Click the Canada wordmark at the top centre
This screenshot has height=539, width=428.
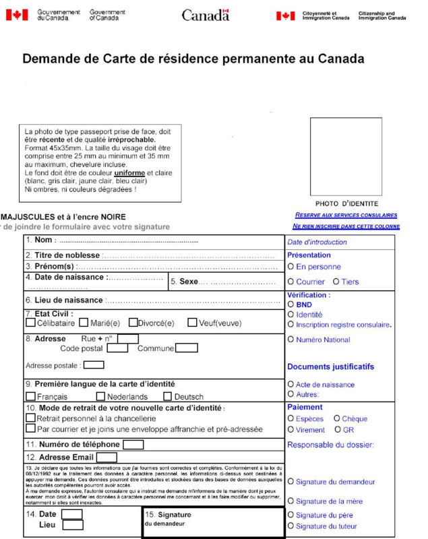(206, 15)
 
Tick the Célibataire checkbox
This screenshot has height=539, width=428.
(30, 323)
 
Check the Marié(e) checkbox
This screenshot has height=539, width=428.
(84, 323)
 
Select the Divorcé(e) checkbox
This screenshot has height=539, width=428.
(133, 323)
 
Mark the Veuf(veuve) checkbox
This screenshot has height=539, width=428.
(192, 323)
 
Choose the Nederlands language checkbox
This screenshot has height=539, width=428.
(101, 396)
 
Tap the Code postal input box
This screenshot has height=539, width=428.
(117, 348)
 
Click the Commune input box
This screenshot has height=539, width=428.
(187, 348)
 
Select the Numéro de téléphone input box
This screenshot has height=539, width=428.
(133, 445)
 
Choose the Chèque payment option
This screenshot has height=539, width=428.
(336, 418)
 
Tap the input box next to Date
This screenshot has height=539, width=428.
(72, 515)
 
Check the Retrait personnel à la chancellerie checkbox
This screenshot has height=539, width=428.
(30, 418)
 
